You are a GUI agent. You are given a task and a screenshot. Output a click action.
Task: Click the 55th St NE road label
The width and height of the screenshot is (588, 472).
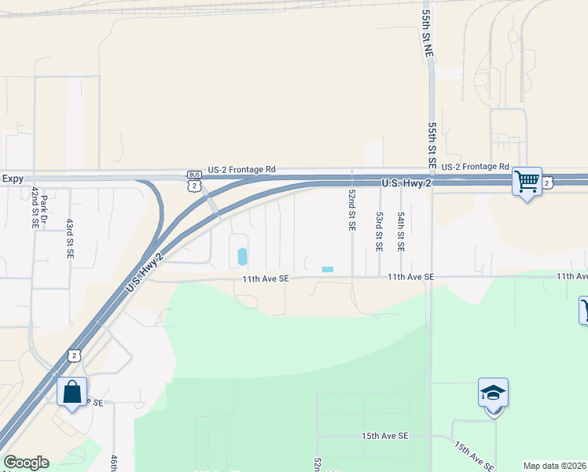[428, 33]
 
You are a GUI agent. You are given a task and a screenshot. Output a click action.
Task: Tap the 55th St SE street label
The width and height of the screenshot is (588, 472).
[432, 143]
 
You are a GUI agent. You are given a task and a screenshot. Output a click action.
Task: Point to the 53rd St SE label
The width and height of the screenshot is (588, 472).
[379, 230]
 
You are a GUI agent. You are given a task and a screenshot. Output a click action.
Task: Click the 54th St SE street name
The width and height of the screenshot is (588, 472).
[400, 230]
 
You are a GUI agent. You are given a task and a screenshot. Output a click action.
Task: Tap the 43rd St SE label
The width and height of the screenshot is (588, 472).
[69, 238]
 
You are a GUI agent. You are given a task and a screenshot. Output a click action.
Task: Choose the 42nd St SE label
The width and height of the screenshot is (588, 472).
[35, 207]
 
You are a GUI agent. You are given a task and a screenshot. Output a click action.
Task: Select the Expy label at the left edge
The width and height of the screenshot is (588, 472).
[13, 179]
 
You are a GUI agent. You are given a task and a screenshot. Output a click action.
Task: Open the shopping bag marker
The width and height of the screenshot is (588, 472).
[72, 392]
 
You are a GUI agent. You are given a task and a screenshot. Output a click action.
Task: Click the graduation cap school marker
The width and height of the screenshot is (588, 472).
[493, 393]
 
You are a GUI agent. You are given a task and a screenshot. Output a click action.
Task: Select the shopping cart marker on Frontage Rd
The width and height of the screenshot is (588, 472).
[527, 183]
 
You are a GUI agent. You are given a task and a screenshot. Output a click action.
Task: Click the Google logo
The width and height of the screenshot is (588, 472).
[26, 463]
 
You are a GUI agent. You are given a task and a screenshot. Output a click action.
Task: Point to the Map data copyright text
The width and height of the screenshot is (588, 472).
[554, 466]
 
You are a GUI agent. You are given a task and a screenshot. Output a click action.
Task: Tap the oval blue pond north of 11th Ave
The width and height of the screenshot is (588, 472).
[242, 256]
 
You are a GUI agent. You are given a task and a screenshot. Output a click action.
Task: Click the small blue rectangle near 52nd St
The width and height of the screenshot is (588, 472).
[327, 270]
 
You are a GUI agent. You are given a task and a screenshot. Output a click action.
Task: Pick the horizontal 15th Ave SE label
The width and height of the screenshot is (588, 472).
[385, 436]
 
